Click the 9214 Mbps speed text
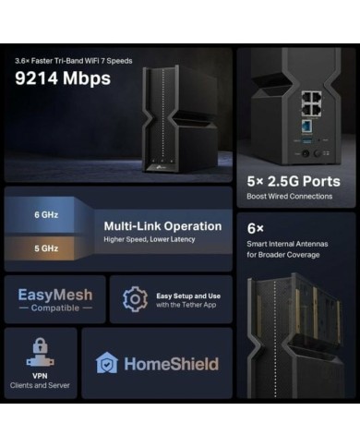63,79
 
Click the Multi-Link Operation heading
162,225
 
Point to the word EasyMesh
55,296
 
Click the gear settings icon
136,298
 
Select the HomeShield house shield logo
107,363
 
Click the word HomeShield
171,363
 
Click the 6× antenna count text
257,227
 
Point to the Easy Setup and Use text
188,294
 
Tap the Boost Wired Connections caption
289,197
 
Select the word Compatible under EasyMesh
55,308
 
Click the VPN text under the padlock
40,375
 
